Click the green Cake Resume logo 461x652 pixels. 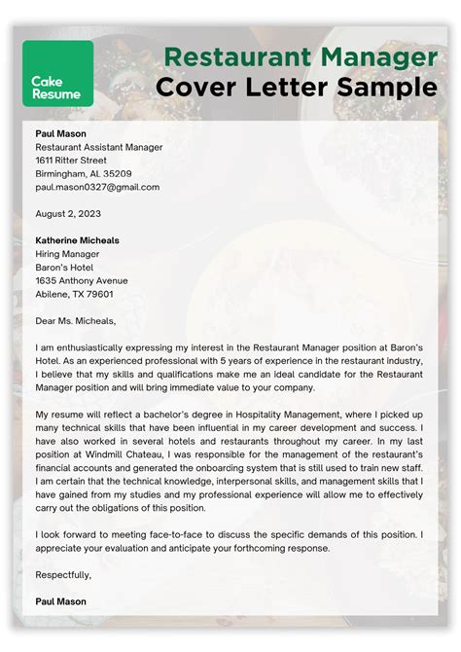point(57,73)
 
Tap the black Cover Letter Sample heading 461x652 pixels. point(296,88)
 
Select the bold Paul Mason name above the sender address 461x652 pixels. point(61,133)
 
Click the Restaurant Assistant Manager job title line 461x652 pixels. point(98,147)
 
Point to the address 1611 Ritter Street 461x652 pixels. point(71,160)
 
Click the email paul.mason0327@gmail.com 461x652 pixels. point(97,187)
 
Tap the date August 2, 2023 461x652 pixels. point(68,213)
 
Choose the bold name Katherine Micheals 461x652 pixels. point(78,239)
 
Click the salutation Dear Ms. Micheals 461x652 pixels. point(75,320)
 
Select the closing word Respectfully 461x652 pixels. point(63,574)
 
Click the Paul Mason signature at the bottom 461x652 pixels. point(61,601)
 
